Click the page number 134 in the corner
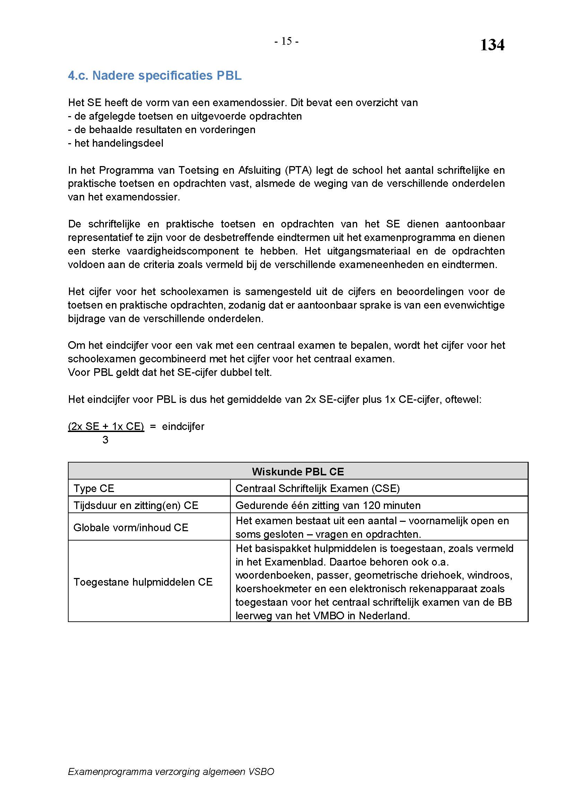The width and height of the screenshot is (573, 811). point(492,45)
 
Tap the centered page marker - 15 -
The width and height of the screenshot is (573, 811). point(286,42)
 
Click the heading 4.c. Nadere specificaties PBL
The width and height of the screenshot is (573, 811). point(155,76)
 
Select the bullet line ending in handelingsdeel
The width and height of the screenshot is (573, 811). point(115,143)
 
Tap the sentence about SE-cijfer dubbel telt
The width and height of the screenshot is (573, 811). point(170,373)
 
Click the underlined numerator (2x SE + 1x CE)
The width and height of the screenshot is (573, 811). point(106,426)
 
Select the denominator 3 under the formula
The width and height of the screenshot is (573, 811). point(105,440)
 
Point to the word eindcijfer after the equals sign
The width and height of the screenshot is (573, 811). point(183,426)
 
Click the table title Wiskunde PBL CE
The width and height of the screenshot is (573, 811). point(298,472)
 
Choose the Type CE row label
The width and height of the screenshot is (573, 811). point(94,489)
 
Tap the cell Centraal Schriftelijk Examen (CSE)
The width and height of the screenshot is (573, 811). point(318,489)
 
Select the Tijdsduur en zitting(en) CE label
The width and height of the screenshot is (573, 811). point(136,506)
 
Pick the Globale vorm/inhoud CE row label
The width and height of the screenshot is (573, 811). point(131,527)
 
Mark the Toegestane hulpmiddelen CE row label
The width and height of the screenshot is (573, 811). point(143,582)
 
